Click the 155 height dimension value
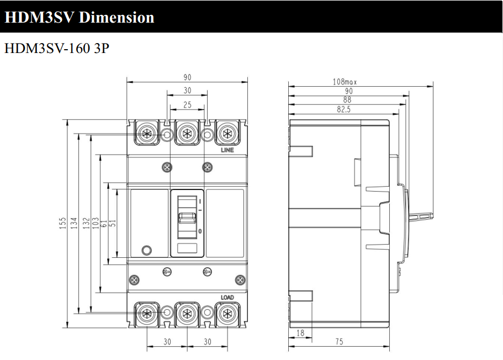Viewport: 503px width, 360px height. click(63, 223)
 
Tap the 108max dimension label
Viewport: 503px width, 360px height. click(345, 82)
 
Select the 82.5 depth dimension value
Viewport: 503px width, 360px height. click(343, 109)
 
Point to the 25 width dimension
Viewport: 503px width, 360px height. click(187, 104)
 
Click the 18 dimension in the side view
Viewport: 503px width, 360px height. click(300, 333)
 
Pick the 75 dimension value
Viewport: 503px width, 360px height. click(339, 342)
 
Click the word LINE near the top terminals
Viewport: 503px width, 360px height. click(227, 150)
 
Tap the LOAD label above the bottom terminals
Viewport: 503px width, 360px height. click(227, 298)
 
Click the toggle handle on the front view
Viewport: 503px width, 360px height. click(187, 218)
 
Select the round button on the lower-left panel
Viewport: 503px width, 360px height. click(147, 250)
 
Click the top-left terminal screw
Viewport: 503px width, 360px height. click(147, 133)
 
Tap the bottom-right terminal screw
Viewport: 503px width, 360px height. click(227, 314)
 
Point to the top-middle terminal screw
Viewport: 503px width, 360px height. click(187, 133)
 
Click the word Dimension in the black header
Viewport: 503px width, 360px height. click(117, 17)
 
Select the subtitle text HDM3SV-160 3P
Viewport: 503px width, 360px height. click(57, 48)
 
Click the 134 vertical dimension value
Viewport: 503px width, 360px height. click(74, 223)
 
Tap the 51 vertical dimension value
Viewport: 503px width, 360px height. click(113, 223)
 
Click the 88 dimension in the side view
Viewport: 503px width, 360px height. click(347, 100)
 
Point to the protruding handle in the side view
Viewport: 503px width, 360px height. click(421, 216)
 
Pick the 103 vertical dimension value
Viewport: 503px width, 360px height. click(96, 223)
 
